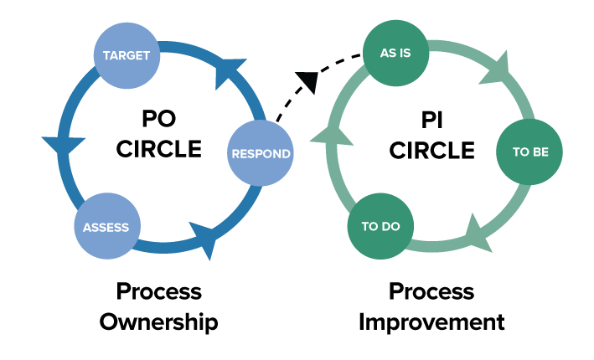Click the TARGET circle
pos(127,56)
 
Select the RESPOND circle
pos(261,153)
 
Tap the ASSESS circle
pos(106,227)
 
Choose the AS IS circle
pos(396,53)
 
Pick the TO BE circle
pos(529,152)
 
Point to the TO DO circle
pos(380,226)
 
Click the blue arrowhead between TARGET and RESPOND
pos(227,72)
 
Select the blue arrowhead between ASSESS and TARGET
pos(64,146)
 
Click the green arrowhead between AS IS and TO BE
pos(497,70)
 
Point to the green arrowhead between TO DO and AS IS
pos(332,136)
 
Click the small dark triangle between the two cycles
pos(309,82)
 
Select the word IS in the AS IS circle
pos(407,53)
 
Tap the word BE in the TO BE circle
pos(540,152)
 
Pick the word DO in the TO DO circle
pos(391,227)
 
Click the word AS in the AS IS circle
pos(388,53)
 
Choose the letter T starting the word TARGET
pos(106,56)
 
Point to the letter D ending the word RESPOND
pos(286,154)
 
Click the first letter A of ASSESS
pos(87,228)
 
